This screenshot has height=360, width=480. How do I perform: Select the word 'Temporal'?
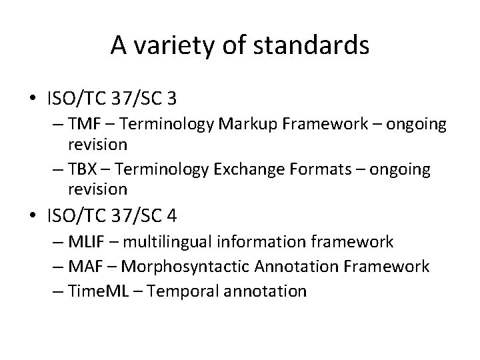(x=177, y=291)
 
